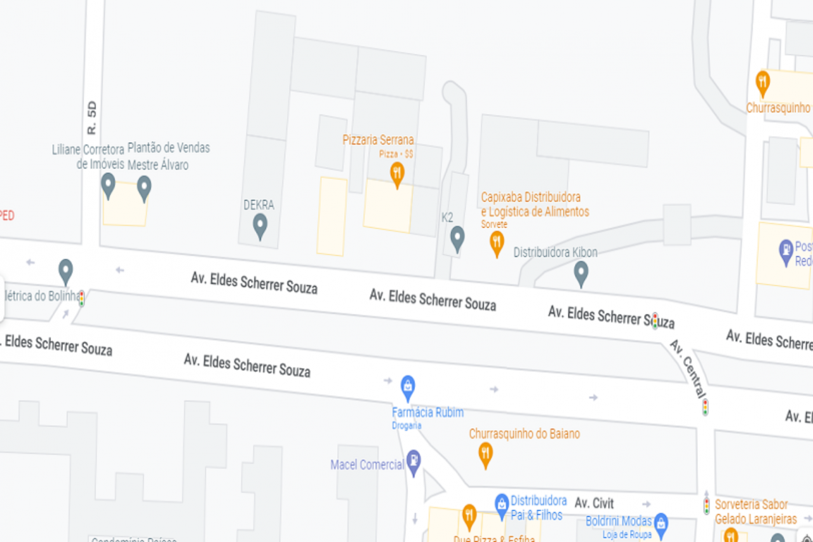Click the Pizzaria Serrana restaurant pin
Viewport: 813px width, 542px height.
coord(397,173)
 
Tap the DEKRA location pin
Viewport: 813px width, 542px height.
coord(260,225)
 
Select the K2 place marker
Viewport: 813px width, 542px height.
coord(457,238)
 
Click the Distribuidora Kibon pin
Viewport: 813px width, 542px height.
coord(581,273)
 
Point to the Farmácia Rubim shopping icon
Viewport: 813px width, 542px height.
coord(408,385)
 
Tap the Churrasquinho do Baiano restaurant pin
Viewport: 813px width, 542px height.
coord(485,454)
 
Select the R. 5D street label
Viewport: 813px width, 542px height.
coord(92,118)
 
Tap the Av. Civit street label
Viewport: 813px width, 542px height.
coord(594,503)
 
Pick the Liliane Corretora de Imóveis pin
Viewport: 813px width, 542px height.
coord(109,184)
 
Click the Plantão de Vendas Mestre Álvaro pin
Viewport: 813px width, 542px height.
coord(145,187)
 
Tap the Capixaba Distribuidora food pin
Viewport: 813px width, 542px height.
coord(497,242)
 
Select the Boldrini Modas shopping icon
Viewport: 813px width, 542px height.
coord(661,523)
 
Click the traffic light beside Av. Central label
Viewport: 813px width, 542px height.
coord(705,407)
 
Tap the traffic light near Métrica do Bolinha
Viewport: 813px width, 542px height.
coord(81,298)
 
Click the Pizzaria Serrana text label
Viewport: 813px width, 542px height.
coord(378,140)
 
